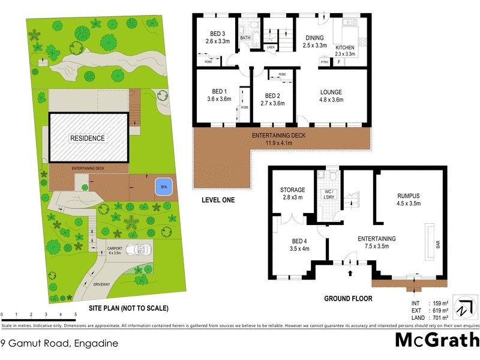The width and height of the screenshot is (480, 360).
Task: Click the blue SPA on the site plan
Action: (x=161, y=187)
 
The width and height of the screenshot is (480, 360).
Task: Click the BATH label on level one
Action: (x=245, y=38)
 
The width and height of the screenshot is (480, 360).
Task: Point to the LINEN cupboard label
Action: (x=271, y=47)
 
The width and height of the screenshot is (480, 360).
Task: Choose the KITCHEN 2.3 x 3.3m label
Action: (x=345, y=50)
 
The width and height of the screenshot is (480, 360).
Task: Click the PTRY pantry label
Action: (x=325, y=61)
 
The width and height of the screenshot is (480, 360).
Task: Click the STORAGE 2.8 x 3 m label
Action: (x=292, y=194)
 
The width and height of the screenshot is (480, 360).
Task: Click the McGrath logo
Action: (x=436, y=340)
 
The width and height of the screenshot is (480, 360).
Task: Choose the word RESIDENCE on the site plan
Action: (x=88, y=138)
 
